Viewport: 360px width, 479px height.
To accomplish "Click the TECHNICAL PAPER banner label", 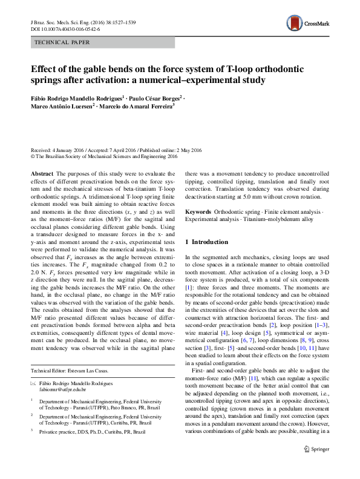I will coord(63,42).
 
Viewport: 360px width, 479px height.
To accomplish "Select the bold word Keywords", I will coord(198,212).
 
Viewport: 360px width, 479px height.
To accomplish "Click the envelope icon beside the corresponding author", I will coord(33,384).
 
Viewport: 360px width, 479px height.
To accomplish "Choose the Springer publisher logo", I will coord(317,466).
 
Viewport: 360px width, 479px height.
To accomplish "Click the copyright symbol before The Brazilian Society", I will coord(33,155).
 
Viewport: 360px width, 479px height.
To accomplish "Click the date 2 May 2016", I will coord(188,149).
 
